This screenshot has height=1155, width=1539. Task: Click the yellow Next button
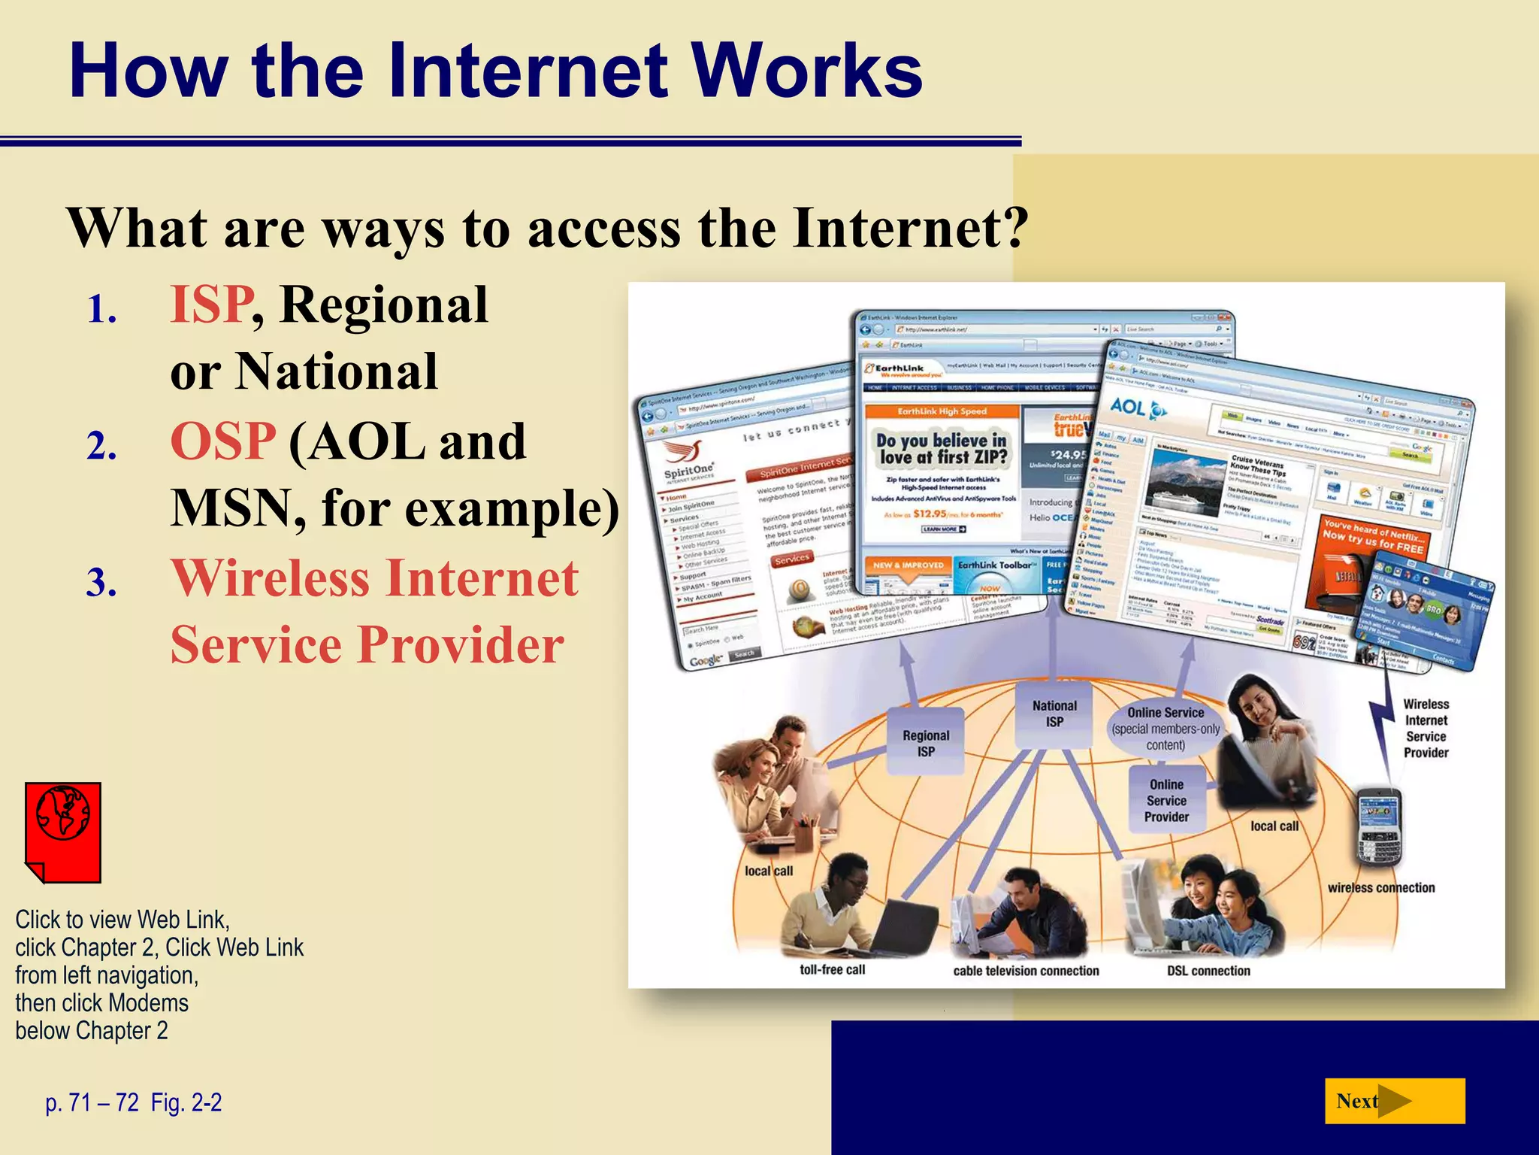point(1394,1101)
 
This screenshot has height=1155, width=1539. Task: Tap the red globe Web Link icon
point(63,831)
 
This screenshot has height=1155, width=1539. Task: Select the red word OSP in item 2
point(223,441)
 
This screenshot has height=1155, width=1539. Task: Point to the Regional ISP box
point(926,742)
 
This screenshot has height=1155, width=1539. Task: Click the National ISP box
point(1054,713)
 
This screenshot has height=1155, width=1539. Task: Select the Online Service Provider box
point(1166,800)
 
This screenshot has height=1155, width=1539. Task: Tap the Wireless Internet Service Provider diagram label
point(1426,728)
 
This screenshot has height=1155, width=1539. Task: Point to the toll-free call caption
point(832,969)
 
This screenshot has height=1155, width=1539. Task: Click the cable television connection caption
point(1026,970)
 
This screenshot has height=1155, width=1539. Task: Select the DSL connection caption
point(1208,970)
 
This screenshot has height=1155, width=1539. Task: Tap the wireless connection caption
point(1380,887)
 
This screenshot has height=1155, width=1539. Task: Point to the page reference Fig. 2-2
point(186,1102)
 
